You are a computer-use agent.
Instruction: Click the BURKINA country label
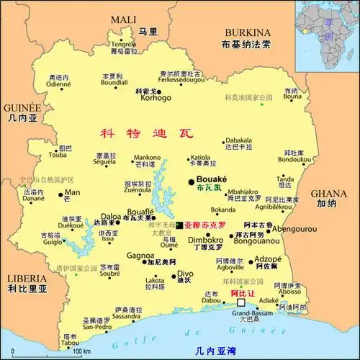(248, 32)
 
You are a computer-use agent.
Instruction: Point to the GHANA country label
(330, 194)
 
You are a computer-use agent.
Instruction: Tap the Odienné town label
(59, 84)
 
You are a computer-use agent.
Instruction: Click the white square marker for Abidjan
(240, 304)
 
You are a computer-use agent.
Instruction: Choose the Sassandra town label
(126, 316)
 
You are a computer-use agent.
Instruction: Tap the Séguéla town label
(105, 161)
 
